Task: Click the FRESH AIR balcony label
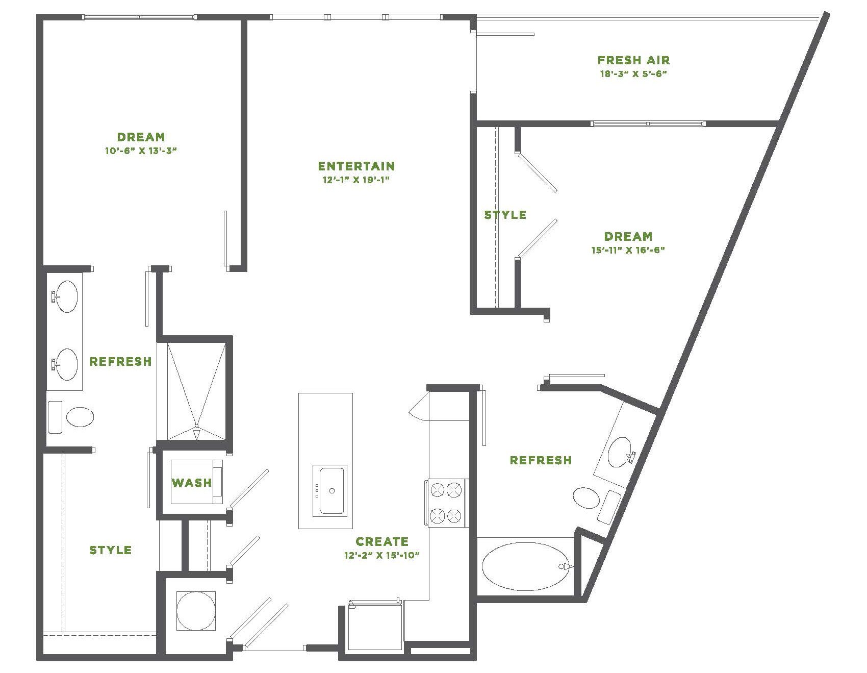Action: [x=633, y=60]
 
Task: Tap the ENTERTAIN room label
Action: [x=356, y=166]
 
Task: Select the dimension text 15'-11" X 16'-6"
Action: [x=628, y=250]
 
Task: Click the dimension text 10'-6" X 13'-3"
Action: [x=141, y=151]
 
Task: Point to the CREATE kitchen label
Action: [x=382, y=541]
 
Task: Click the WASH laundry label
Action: [x=192, y=482]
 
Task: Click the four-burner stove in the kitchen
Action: [x=446, y=503]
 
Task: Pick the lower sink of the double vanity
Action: [x=66, y=364]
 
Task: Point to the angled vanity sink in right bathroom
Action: [x=620, y=452]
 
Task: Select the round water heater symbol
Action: [x=196, y=611]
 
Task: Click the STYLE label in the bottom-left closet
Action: [x=110, y=550]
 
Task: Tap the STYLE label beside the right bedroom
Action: [x=505, y=215]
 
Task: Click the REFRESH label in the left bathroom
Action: [x=120, y=361]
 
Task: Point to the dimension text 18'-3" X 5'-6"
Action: [x=633, y=73]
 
